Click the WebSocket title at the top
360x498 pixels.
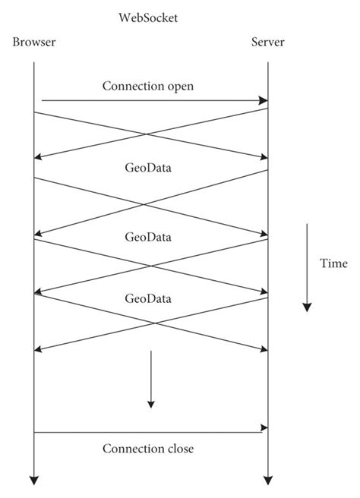[x=149, y=16]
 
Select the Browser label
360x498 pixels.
[x=34, y=42]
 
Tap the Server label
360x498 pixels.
[x=267, y=42]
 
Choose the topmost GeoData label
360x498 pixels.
[x=148, y=168]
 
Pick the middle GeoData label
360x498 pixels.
[x=148, y=236]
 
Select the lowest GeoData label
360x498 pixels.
[x=148, y=298]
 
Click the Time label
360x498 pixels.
[x=333, y=263]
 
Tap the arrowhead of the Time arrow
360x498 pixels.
[x=307, y=307]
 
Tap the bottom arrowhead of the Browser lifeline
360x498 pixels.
[x=34, y=480]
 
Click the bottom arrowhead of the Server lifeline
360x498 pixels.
[x=267, y=480]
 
